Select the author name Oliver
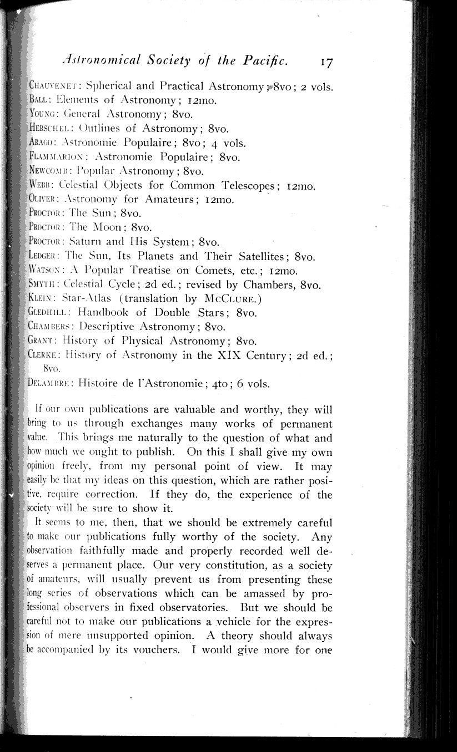point(44,200)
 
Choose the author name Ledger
point(44,256)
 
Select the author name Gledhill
point(49,313)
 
